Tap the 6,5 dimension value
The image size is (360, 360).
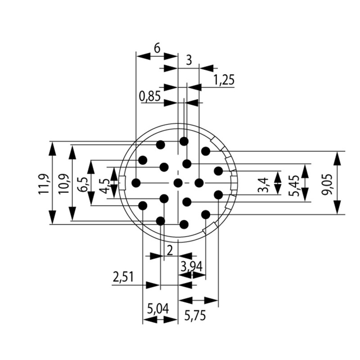[x=82, y=184]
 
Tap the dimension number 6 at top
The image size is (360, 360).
[x=157, y=49]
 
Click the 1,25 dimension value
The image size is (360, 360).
[x=224, y=80]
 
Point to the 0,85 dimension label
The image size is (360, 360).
[x=150, y=96]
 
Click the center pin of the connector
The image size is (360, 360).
[x=178, y=183]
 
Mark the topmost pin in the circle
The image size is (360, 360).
[x=184, y=141]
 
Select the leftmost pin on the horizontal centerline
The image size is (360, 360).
[x=136, y=183]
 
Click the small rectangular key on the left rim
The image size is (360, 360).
[x=122, y=183]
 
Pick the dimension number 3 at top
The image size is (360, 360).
[x=188, y=60]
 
